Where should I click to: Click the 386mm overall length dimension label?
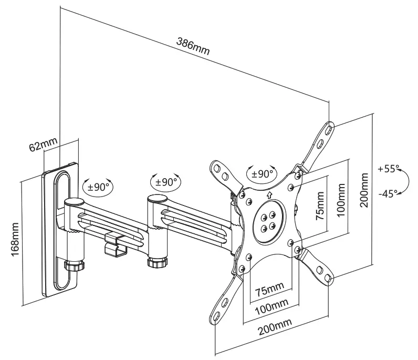(x=192, y=47)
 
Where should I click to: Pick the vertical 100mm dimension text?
(x=341, y=196)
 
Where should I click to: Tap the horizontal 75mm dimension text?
(x=269, y=289)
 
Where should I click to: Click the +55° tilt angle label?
(x=388, y=169)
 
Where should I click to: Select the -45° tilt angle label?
(x=388, y=193)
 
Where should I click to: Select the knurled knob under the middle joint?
(x=156, y=261)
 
